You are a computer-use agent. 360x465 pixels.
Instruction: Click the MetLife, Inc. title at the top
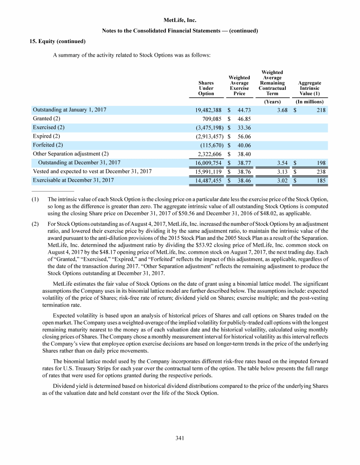pos(180,20)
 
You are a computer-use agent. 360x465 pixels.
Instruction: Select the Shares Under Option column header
pos(206,88)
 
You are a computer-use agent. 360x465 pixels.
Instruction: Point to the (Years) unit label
pos(272,101)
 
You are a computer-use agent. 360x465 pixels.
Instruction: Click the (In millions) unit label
pos(310,101)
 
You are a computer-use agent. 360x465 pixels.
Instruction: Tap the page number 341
pos(180,438)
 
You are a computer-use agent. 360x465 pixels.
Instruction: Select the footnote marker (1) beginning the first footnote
pos(35,199)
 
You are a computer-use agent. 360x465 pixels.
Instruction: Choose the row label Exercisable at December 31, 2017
pos(76,179)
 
